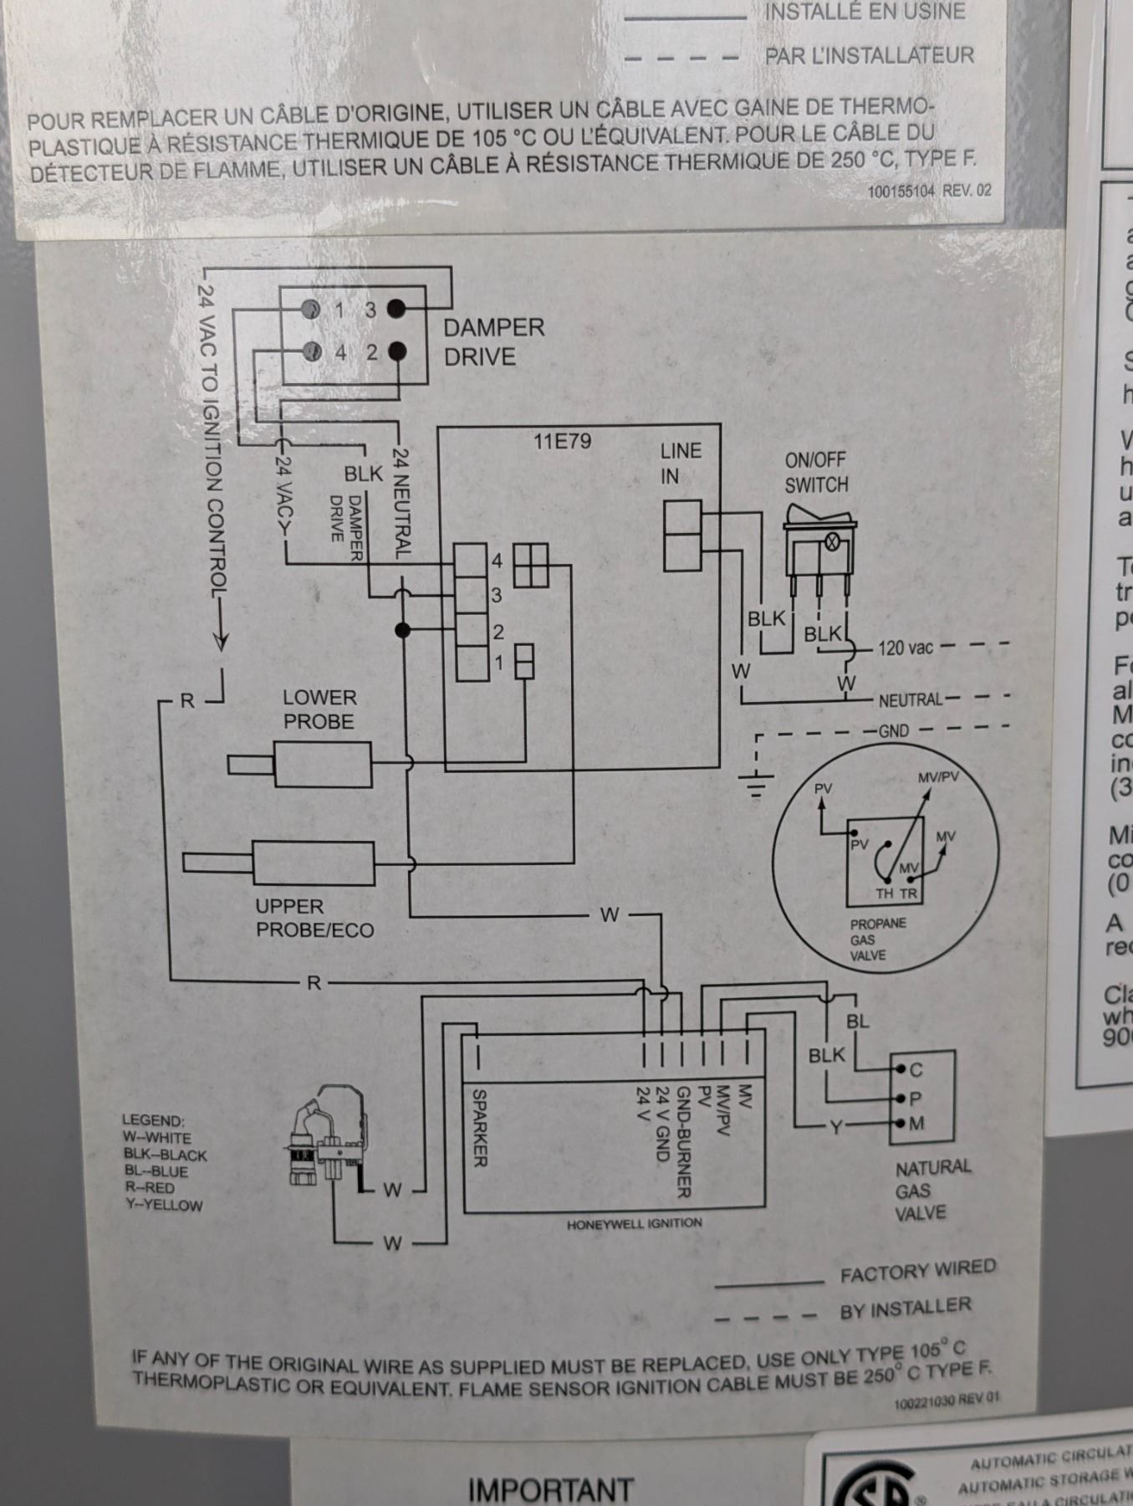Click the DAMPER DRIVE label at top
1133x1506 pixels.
click(x=492, y=341)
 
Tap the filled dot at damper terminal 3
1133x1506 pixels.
click(x=396, y=310)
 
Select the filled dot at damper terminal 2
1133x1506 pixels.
click(x=396, y=351)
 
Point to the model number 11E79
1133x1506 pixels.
click(x=562, y=441)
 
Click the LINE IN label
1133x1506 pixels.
click(x=680, y=463)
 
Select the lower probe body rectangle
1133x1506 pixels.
click(x=323, y=764)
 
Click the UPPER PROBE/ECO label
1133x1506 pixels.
click(x=314, y=918)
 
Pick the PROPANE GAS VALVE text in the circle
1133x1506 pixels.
click(x=877, y=939)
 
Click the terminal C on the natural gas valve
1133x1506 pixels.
click(x=915, y=1070)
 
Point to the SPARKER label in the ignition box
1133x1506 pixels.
click(x=480, y=1126)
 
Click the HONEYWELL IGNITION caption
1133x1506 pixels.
click(x=634, y=1224)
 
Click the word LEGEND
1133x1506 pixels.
click(x=153, y=1120)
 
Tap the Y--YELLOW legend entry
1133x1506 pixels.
click(x=162, y=1206)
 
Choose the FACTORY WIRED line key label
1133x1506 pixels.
click(x=917, y=1271)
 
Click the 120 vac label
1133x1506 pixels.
click(x=905, y=648)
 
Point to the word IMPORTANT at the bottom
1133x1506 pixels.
click(x=550, y=1489)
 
